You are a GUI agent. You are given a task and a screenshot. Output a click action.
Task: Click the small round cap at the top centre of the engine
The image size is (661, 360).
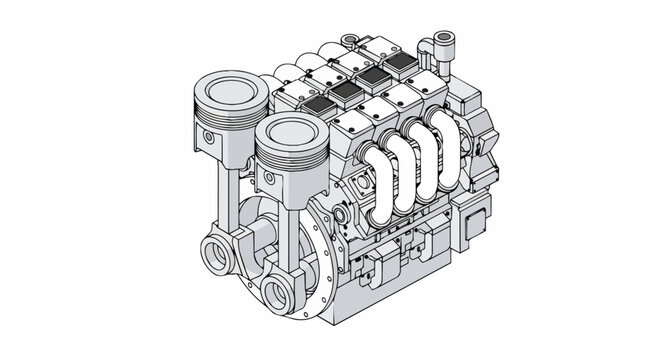point(349,41)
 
